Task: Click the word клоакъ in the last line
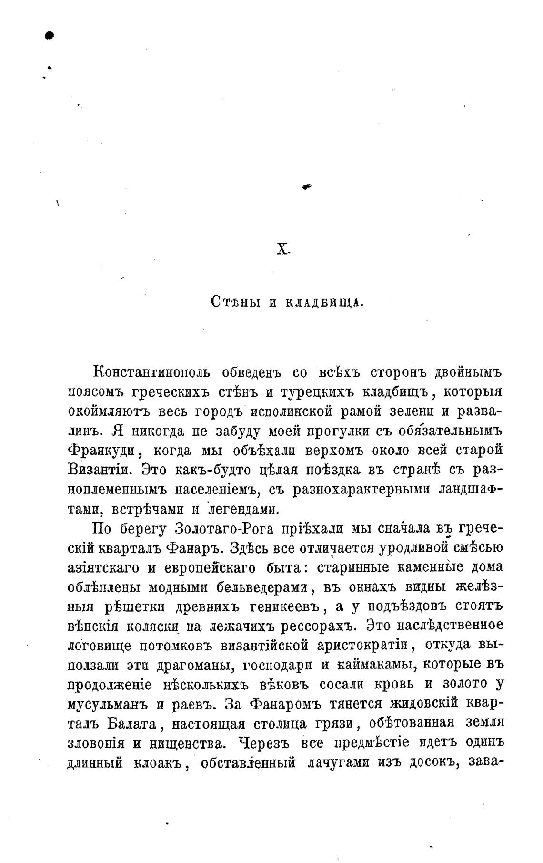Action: [x=158, y=762]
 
